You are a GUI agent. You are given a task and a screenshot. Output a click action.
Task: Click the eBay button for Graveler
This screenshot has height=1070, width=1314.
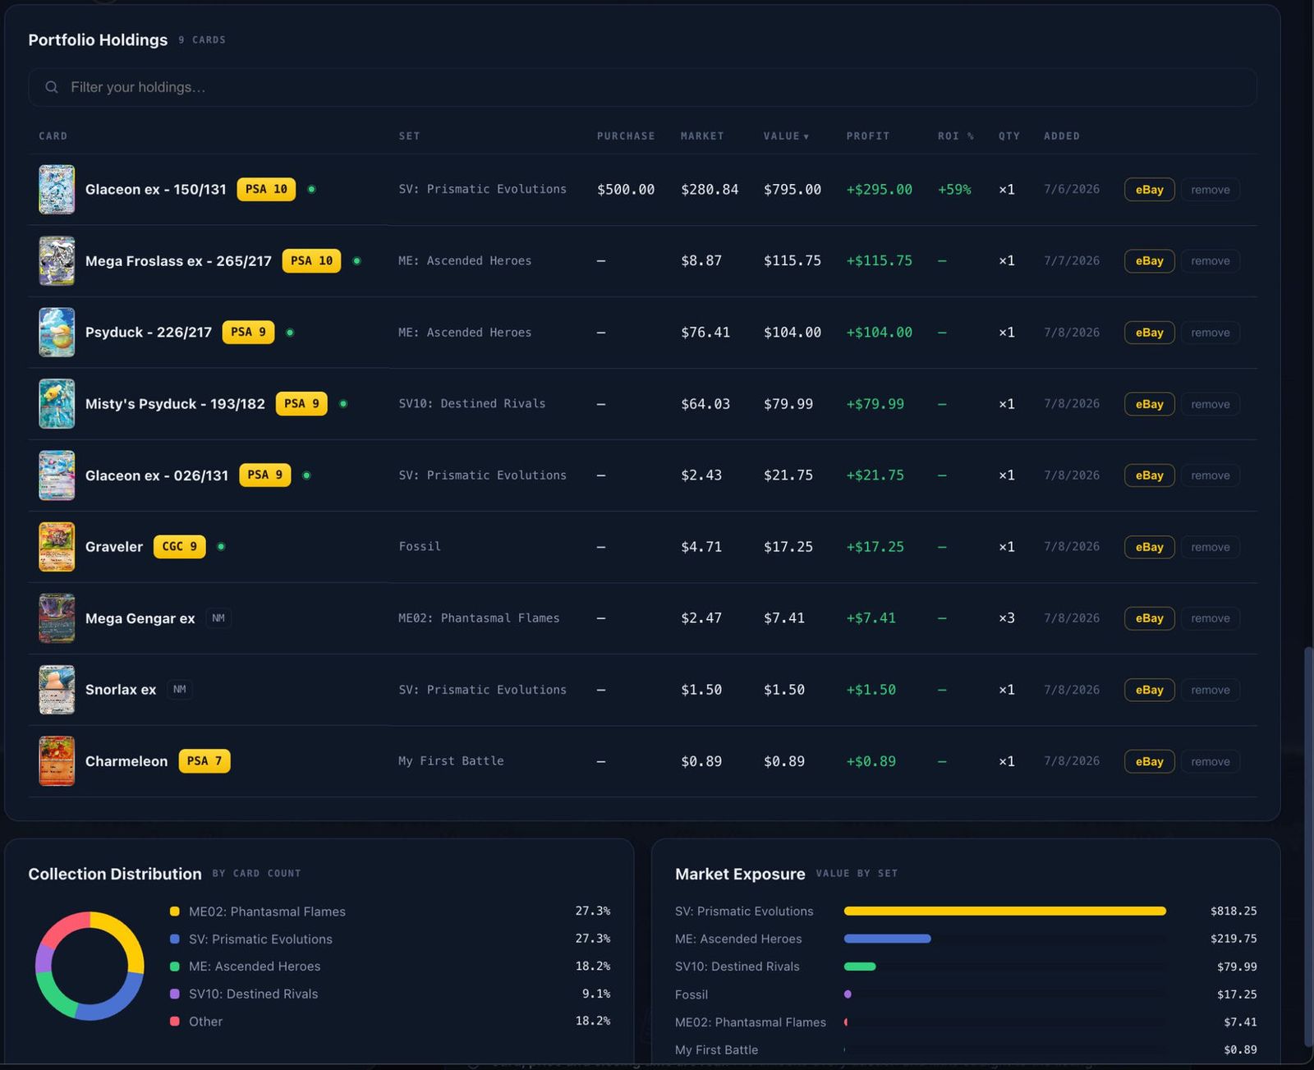(1149, 546)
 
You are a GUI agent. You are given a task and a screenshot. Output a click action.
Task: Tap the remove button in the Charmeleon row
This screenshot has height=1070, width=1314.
(1210, 761)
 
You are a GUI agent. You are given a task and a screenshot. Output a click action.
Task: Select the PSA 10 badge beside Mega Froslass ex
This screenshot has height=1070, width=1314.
(311, 260)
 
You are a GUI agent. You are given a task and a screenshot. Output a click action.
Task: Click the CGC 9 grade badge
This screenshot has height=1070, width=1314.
(179, 546)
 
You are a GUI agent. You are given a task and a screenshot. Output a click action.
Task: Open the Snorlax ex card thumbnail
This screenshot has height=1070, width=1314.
(57, 690)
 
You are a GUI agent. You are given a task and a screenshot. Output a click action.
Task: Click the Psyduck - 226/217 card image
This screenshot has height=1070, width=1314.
(57, 333)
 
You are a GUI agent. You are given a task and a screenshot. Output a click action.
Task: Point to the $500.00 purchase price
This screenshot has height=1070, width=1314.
(626, 190)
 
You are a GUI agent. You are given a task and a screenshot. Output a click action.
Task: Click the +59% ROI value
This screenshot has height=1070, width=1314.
(954, 190)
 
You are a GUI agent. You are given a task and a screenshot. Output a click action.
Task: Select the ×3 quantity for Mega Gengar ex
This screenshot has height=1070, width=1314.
(1006, 618)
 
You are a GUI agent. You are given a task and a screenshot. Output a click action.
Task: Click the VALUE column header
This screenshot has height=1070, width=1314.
(786, 135)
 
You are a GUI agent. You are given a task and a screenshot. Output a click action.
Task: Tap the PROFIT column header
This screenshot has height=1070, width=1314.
(867, 135)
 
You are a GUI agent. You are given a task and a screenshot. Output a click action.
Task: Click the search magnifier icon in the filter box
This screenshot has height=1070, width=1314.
(52, 87)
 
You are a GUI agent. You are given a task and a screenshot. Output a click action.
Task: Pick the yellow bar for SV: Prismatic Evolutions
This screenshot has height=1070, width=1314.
(1004, 911)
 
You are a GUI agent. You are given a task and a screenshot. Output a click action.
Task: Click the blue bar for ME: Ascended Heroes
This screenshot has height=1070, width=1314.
(887, 939)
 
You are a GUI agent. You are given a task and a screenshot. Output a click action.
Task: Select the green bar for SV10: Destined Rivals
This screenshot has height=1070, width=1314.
(859, 967)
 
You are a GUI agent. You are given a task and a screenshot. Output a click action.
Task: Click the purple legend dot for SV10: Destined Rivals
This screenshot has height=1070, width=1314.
(175, 994)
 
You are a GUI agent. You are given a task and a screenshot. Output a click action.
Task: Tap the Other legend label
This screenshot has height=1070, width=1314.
(205, 1022)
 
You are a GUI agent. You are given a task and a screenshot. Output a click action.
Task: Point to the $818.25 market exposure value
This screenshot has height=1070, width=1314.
(1234, 911)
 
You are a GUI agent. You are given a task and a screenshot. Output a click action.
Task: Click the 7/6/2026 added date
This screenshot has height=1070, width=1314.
(1071, 190)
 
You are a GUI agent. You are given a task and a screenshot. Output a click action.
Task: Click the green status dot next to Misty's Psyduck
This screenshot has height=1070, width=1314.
(343, 404)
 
